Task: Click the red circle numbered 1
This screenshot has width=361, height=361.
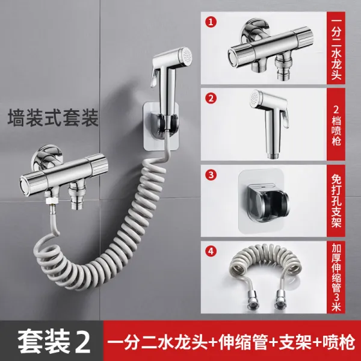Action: [x=211, y=22]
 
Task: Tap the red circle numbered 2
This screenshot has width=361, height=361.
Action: [x=211, y=98]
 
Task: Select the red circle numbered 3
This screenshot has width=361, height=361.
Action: [x=211, y=175]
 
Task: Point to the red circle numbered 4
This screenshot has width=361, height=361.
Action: [x=211, y=251]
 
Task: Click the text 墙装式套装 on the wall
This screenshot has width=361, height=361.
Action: [x=53, y=118]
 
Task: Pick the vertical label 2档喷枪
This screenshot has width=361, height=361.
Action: [x=336, y=126]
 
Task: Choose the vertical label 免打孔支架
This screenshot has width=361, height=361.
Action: [x=336, y=200]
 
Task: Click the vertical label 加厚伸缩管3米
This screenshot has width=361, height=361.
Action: [x=336, y=277]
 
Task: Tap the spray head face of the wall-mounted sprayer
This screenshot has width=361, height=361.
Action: [x=187, y=56]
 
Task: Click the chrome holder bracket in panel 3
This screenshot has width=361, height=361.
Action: [x=267, y=203]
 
